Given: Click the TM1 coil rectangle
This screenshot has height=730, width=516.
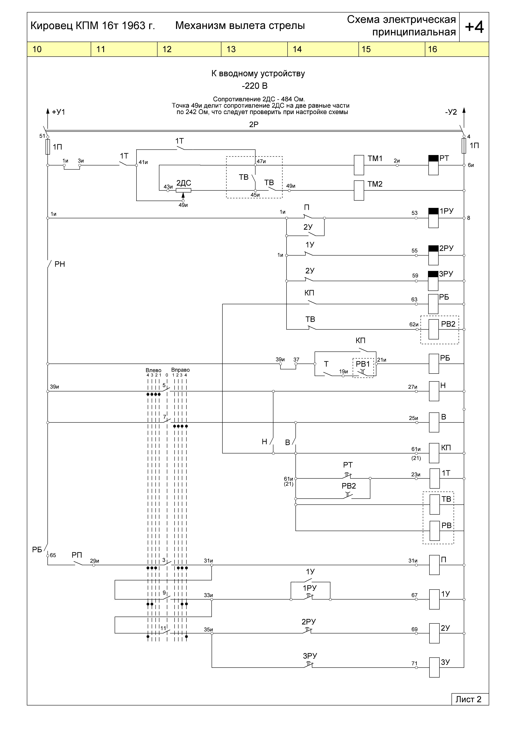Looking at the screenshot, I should coord(359,165).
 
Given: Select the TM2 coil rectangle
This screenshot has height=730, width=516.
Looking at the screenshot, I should coord(359,190).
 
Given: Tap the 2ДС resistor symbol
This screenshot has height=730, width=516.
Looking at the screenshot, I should coord(184,190).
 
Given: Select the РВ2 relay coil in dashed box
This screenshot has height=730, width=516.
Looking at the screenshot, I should coord(434,329).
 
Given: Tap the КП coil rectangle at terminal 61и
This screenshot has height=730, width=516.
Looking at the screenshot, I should coord(434,453).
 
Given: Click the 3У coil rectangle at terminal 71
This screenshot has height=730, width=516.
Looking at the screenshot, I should coord(434,667).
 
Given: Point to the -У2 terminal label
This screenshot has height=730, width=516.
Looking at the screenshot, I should coord(451,112).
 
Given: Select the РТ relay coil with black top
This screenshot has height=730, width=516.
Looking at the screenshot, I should coord(433,165).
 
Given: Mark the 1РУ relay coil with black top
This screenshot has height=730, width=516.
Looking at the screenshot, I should coord(433,218).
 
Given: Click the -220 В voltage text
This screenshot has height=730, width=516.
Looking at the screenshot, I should coord(255,86).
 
